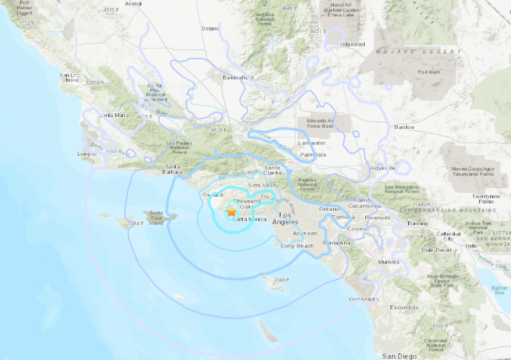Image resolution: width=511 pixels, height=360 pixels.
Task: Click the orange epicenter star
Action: point(231,212)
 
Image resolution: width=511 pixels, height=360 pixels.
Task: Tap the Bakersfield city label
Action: point(238,77)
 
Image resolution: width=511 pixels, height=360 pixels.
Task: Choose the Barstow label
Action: point(404,127)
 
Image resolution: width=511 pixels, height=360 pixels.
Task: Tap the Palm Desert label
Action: point(436,250)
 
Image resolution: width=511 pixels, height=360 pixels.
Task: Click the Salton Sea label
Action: point(498,290)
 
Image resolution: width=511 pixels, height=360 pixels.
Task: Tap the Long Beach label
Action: point(297,246)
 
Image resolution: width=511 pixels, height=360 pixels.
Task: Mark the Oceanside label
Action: point(363,300)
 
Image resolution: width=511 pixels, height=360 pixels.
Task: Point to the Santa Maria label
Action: point(114,115)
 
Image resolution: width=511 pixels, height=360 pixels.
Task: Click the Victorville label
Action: point(382,168)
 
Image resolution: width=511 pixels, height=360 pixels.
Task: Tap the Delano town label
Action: point(211,27)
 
